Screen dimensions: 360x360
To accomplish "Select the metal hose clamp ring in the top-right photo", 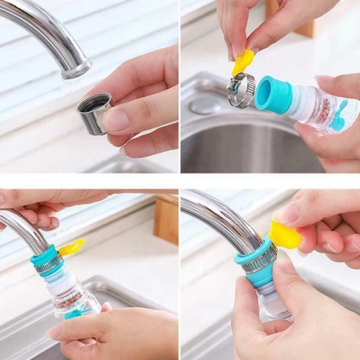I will (241, 89).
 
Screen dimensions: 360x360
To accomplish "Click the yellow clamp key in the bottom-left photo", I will (71, 247).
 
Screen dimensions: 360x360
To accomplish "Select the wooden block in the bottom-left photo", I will (166, 219).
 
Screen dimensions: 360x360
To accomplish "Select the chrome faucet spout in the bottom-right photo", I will (222, 216).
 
